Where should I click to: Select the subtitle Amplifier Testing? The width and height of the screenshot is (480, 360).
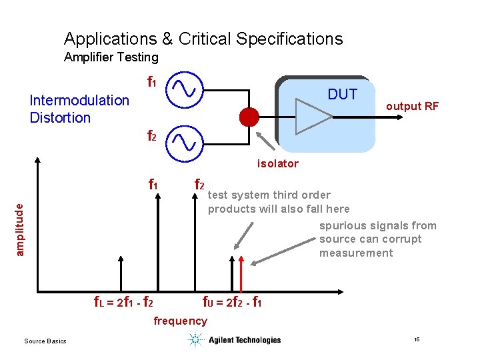point(111,58)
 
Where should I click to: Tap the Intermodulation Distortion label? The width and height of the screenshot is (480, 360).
point(79,109)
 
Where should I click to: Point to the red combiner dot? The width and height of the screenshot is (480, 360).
point(249,117)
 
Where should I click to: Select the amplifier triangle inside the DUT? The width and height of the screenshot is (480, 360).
point(313,117)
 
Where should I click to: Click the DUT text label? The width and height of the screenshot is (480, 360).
point(342,95)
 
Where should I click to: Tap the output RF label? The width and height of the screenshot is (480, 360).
point(412,106)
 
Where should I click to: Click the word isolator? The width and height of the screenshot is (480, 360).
point(278,163)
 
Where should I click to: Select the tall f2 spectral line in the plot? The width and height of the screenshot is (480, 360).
point(199,243)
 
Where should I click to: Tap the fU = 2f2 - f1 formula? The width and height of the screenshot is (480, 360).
point(231,303)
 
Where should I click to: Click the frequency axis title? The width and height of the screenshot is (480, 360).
point(180,321)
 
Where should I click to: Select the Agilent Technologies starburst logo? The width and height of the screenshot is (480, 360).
point(195,340)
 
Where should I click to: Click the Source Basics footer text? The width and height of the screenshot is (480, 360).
point(45,341)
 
